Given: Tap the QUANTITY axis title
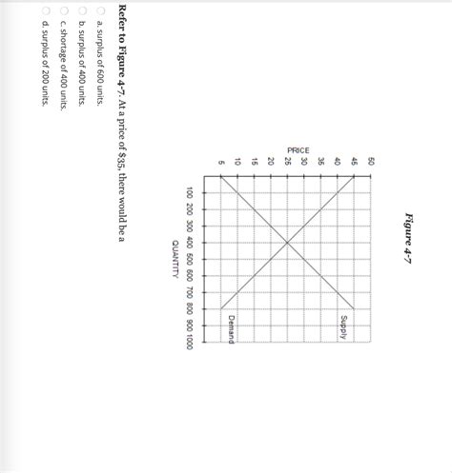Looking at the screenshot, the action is click(177, 256).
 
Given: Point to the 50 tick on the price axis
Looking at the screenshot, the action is click(372, 163).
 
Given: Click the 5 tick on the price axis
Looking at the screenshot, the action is click(220, 163).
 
